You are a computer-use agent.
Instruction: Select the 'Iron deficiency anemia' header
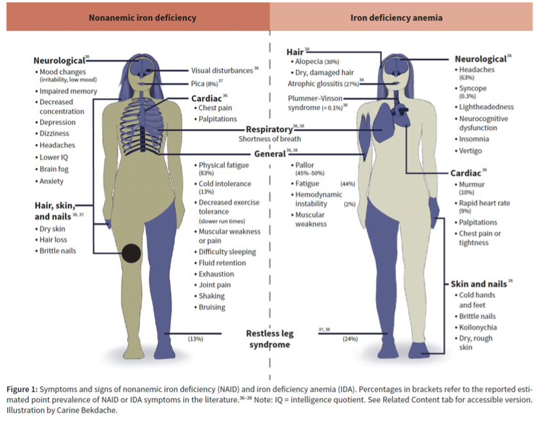397,18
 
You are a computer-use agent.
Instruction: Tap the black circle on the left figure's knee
131,253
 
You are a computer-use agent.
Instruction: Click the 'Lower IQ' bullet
54,157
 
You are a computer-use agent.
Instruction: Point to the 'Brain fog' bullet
54,169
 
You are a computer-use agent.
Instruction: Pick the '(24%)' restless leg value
350,338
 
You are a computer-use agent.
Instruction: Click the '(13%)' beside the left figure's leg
195,338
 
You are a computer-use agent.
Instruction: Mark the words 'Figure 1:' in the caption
22,390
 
